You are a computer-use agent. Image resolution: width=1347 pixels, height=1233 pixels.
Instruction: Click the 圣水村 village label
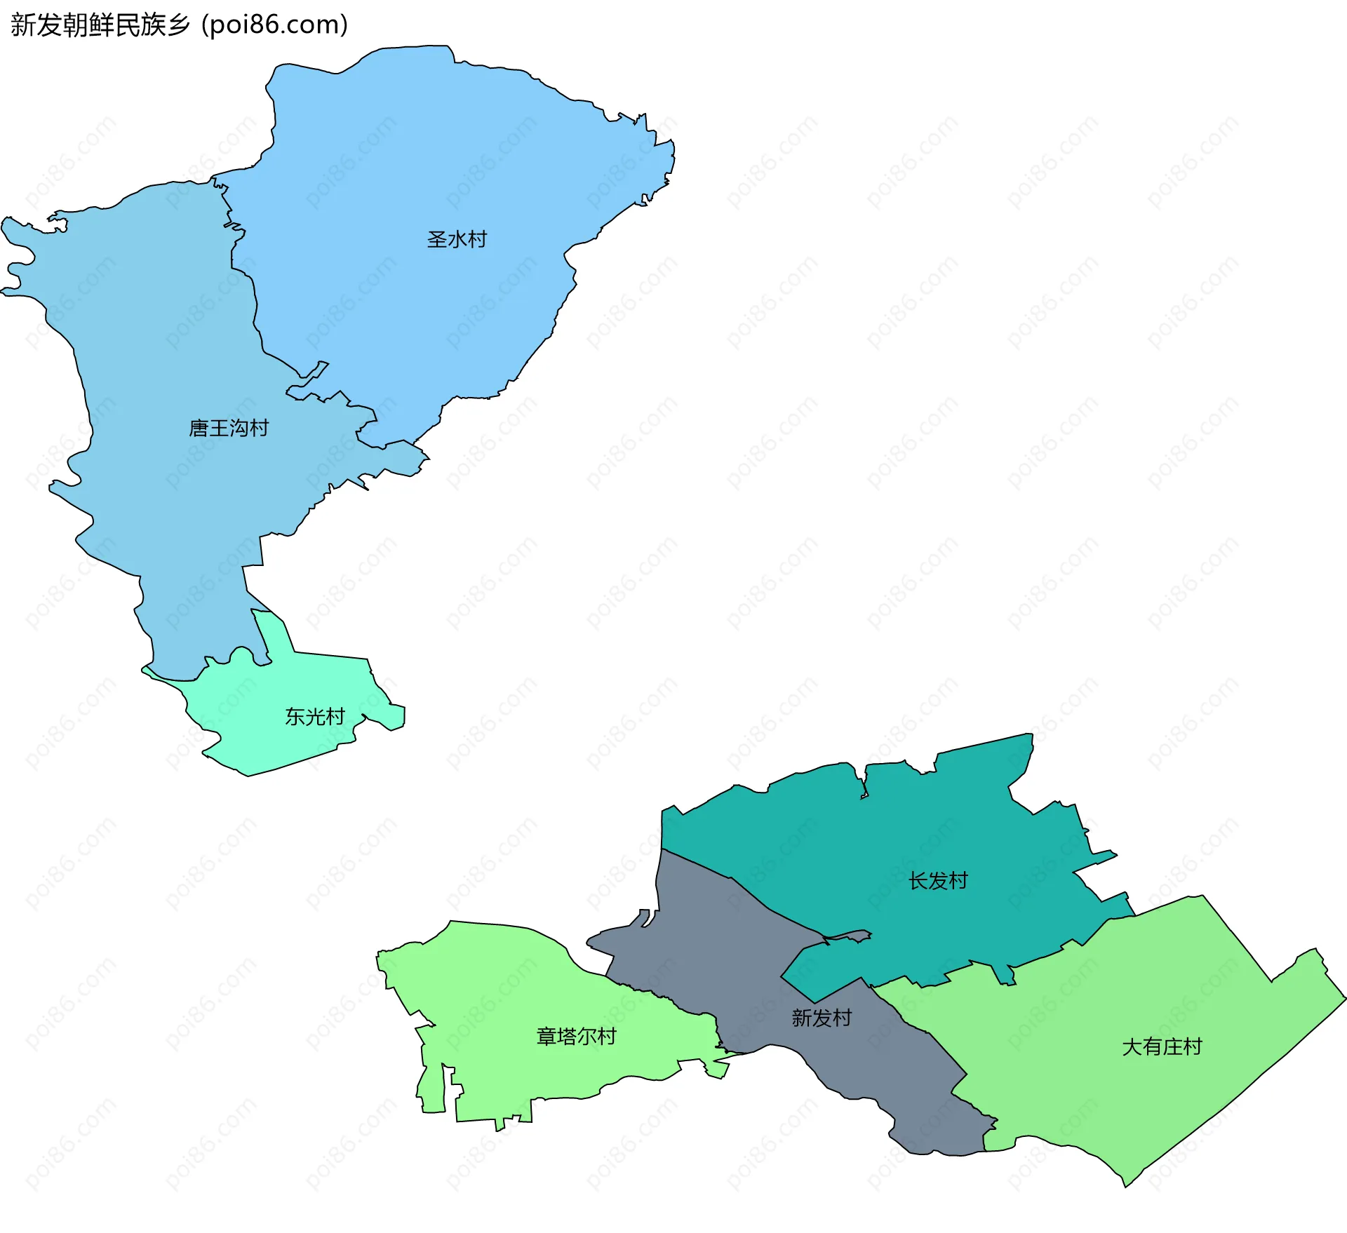457,240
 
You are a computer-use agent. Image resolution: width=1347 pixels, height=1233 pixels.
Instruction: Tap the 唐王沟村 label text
229,428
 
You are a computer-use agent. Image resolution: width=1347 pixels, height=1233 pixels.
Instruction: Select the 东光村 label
314,717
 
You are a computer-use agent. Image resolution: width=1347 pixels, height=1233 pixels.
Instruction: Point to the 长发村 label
938,881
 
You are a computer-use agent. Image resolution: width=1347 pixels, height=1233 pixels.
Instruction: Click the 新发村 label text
822,1018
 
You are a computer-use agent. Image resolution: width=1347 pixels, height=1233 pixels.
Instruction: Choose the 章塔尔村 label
576,1037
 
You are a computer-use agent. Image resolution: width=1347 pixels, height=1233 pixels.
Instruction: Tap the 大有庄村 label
1162,1047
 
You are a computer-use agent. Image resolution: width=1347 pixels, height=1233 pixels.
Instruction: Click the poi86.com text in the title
274,25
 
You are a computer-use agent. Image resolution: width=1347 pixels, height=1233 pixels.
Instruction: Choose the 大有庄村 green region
1179,982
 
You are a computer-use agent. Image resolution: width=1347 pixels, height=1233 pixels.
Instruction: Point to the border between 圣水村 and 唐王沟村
253,309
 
